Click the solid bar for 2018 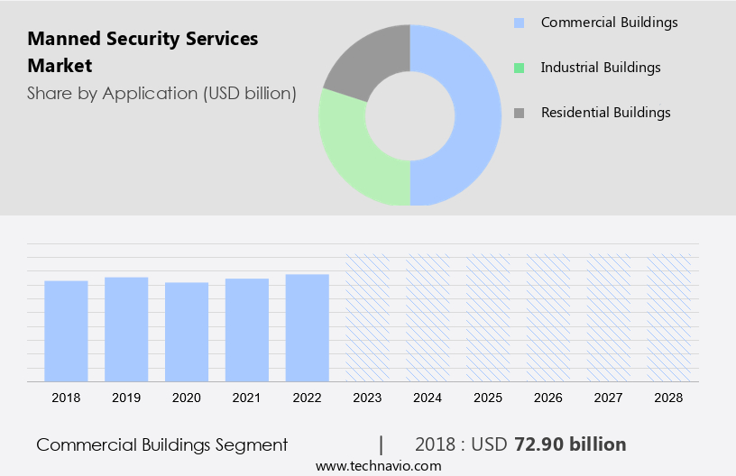(66, 331)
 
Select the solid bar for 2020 (187, 332)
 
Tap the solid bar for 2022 (308, 327)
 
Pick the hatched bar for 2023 (368, 317)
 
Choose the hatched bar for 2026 (548, 317)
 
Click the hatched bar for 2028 (669, 317)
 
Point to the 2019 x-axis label (126, 398)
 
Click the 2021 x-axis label (247, 398)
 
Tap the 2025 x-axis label (488, 398)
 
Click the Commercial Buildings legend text (609, 23)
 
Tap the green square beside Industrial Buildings (519, 68)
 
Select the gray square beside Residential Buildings (519, 113)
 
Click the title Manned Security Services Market (143, 52)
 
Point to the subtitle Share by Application (161, 93)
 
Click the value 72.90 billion (569, 444)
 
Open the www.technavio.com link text (378, 465)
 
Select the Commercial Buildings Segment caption (162, 444)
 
